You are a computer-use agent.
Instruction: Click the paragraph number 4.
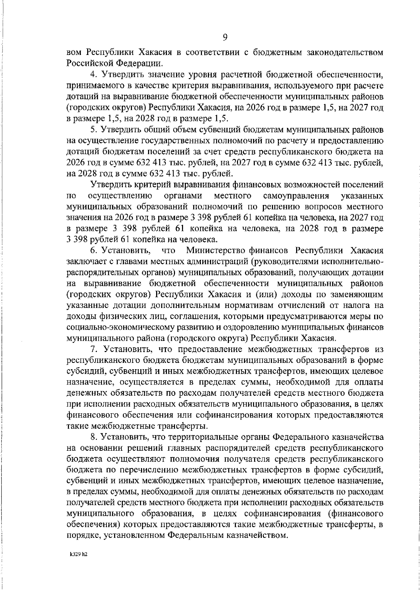click(x=93, y=74)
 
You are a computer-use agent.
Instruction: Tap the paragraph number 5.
click(x=93, y=129)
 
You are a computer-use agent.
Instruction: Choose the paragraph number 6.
click(x=93, y=251)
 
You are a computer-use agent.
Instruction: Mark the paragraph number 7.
click(x=93, y=349)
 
